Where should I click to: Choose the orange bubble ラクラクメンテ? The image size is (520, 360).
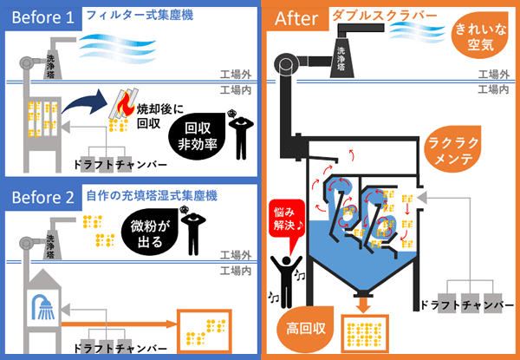tap(453, 154)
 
